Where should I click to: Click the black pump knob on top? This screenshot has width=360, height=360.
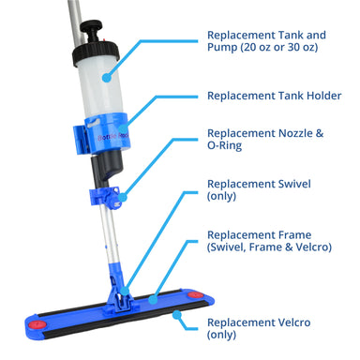[91, 26]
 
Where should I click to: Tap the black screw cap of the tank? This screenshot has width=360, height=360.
[96, 54]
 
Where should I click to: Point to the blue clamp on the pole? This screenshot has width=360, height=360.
[104, 197]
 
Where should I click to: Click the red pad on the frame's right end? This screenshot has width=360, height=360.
[196, 295]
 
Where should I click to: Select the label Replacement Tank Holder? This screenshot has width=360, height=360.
[274, 96]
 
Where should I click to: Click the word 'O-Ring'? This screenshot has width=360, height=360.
[224, 145]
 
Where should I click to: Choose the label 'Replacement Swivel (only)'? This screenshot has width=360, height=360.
[259, 190]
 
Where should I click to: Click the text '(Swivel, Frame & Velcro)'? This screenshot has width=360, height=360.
[269, 247]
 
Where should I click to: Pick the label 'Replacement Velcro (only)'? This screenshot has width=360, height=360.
[259, 328]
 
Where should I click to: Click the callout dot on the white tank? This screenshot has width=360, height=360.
[107, 78]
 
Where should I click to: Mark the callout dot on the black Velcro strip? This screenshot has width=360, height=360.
[177, 315]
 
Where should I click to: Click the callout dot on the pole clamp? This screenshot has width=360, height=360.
[123, 197]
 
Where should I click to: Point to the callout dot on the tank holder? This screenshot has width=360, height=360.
[124, 129]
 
